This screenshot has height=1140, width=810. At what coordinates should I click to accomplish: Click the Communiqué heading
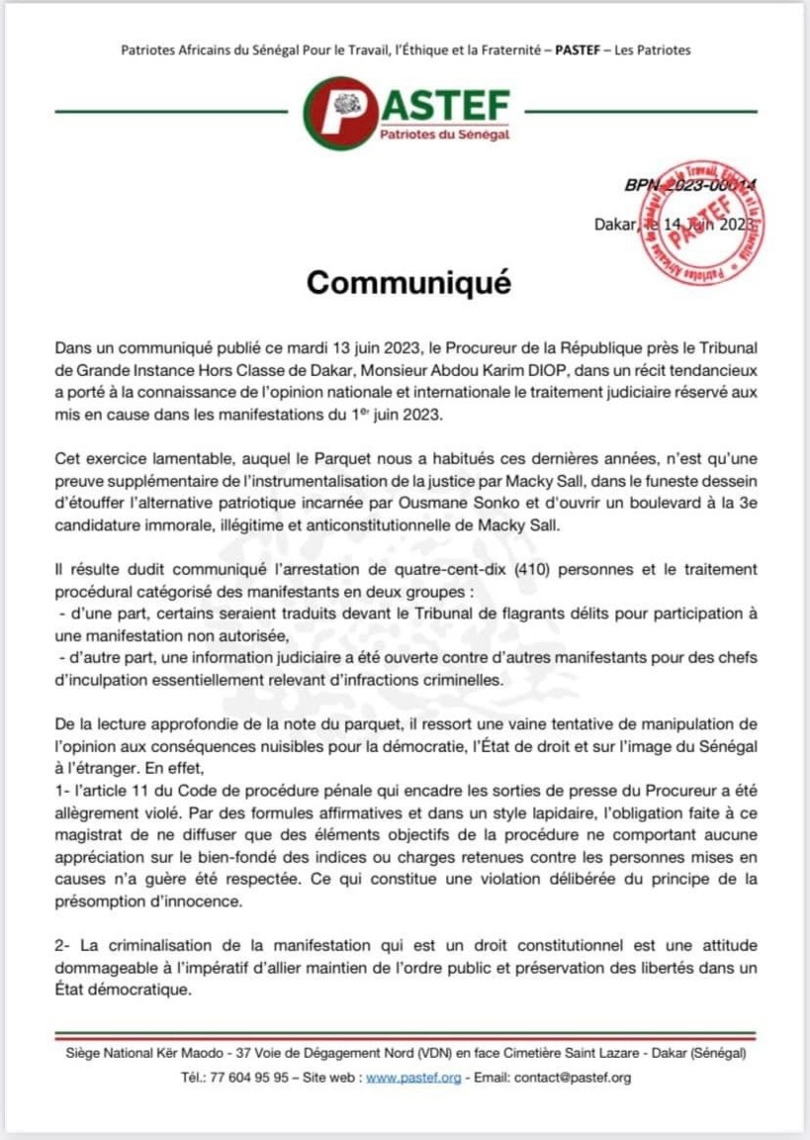[x=408, y=283]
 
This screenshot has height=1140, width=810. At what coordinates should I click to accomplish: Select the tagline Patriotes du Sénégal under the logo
[x=445, y=135]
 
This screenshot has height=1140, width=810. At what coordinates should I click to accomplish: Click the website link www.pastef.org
[x=413, y=1078]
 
